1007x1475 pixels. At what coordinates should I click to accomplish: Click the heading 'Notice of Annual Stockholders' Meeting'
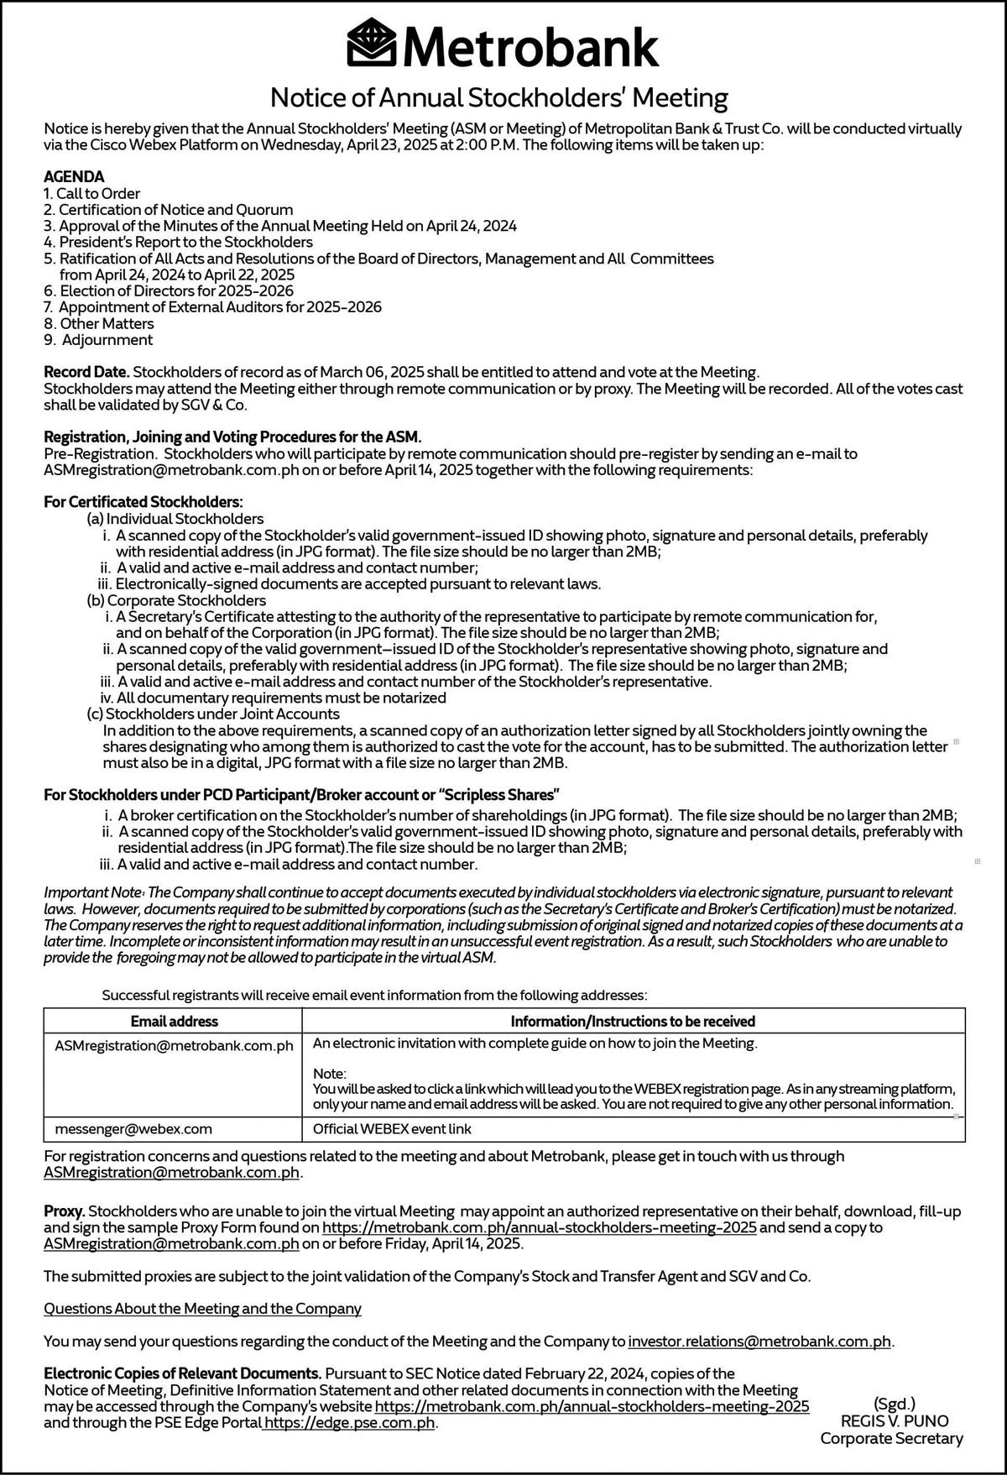tap(498, 98)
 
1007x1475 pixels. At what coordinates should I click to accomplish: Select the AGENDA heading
tap(74, 176)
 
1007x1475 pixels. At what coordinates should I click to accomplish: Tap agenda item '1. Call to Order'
tap(91, 193)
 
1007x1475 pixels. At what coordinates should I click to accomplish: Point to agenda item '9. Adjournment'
tap(98, 340)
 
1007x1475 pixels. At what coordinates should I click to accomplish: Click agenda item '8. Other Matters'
tap(98, 323)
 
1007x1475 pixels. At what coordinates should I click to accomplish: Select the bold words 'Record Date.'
tap(86, 371)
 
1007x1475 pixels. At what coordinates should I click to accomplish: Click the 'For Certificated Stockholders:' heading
tap(143, 502)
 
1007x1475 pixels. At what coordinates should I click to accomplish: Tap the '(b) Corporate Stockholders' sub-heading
tap(176, 600)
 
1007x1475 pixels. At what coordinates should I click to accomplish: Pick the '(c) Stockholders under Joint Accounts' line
tap(213, 714)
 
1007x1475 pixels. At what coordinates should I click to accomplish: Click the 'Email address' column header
tap(174, 1021)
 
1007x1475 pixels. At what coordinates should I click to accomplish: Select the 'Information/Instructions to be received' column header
tap(633, 1021)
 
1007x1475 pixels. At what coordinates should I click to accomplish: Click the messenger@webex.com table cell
tap(133, 1129)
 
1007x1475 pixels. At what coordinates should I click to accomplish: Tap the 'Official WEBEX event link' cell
tap(392, 1129)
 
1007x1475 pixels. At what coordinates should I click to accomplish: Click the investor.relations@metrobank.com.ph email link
tap(759, 1342)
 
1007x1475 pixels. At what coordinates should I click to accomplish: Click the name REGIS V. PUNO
tap(895, 1421)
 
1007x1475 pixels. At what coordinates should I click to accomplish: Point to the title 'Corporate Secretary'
tap(891, 1439)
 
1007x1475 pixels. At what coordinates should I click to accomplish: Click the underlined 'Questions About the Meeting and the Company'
tap(202, 1309)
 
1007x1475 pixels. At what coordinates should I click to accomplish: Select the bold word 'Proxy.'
tap(65, 1211)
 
